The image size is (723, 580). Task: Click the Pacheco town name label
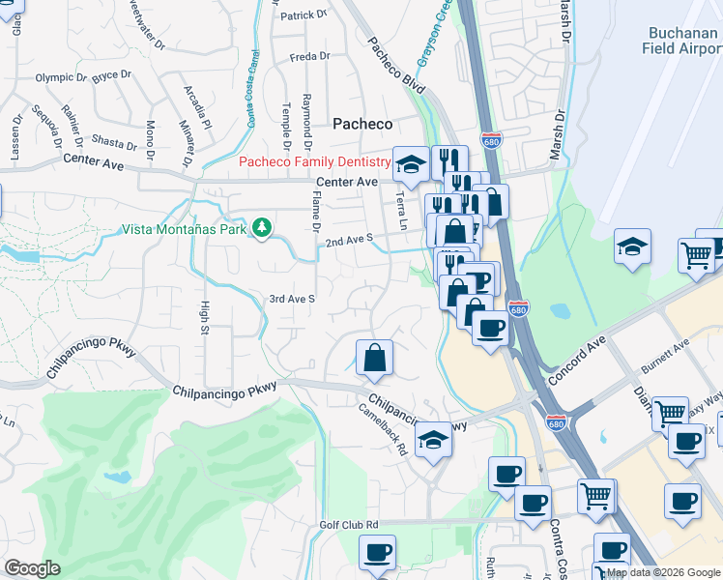[362, 124]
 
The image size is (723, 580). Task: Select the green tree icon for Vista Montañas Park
[260, 228]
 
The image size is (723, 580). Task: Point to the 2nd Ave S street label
[349, 242]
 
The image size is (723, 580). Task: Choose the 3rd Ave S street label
[292, 300]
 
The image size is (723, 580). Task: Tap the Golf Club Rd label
[349, 525]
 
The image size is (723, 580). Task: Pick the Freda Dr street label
[309, 56]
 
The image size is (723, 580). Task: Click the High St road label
[205, 317]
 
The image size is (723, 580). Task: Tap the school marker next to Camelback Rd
[434, 441]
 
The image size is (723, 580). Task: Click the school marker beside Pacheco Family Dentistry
[410, 163]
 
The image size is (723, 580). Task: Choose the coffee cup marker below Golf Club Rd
[377, 552]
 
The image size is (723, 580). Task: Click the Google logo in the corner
[32, 568]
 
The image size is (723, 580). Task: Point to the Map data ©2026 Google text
[663, 572]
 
